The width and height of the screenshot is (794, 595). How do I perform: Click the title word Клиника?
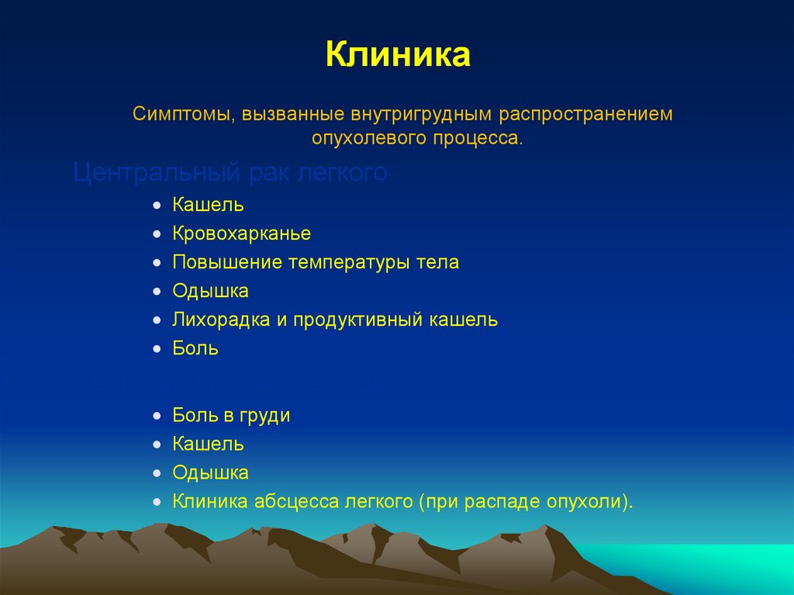[397, 57]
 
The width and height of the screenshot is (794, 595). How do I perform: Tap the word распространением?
[586, 115]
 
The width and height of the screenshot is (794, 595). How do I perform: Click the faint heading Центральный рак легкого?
[230, 172]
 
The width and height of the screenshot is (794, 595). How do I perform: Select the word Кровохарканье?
[242, 234]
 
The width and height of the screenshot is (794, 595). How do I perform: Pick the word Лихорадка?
[221, 320]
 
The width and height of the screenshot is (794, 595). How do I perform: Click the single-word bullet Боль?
[195, 349]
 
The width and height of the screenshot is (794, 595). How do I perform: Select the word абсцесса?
[295, 501]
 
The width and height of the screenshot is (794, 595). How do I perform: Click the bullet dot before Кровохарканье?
[157, 234]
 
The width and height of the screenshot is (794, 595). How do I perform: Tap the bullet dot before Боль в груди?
[157, 417]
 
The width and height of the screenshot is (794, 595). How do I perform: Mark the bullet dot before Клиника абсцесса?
[157, 502]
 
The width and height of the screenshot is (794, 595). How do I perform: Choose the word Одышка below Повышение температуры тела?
[211, 292]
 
